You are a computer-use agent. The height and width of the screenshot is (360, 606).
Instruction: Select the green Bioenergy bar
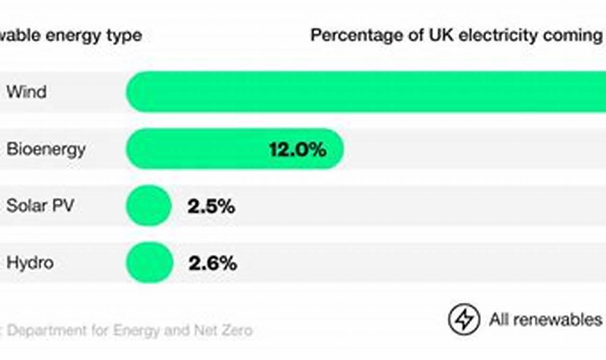coord(199,149)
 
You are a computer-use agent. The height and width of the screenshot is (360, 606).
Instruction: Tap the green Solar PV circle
coord(149,206)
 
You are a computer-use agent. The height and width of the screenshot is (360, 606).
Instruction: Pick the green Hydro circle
coord(149,262)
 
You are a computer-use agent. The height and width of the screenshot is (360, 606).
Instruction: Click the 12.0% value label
coord(298,150)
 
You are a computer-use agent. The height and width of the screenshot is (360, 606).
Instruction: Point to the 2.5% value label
coord(211,207)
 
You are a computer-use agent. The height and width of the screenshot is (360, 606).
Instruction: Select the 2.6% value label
coord(213,263)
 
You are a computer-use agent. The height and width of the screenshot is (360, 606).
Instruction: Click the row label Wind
coord(27,91)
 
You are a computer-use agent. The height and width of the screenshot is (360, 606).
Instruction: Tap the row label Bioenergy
coord(46,149)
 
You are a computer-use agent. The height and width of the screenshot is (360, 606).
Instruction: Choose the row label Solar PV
coord(40,206)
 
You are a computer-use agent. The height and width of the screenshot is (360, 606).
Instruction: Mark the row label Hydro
coord(30,262)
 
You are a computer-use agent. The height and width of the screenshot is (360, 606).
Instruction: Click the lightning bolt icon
coord(464,319)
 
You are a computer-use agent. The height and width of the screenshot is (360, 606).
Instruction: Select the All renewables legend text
coord(545,320)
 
